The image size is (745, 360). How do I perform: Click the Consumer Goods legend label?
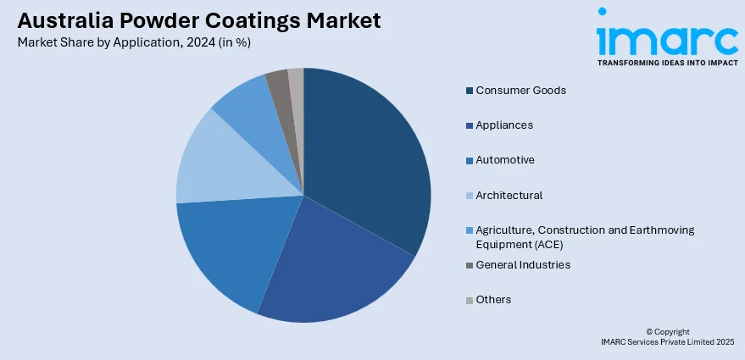(x=520, y=90)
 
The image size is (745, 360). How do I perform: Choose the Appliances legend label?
(x=504, y=125)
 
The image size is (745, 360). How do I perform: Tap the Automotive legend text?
(x=505, y=159)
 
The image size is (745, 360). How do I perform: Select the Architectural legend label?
(x=509, y=195)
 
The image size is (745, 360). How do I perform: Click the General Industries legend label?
(x=523, y=264)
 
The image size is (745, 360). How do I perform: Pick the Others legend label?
(x=493, y=299)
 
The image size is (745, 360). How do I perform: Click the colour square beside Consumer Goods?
(x=469, y=90)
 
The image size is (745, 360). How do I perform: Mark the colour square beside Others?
(x=469, y=300)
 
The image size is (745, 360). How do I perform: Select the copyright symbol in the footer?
(x=648, y=332)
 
